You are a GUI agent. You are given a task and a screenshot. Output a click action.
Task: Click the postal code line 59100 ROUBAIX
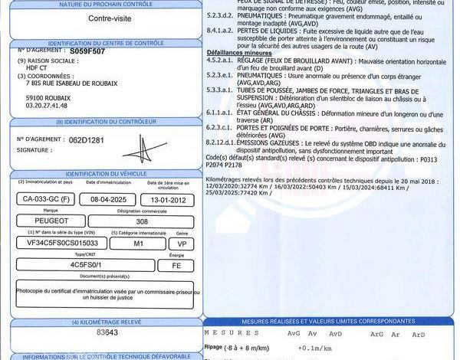(x=50, y=99)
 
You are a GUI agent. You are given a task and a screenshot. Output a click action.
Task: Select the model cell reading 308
(x=142, y=220)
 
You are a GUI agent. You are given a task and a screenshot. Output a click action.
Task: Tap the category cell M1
(x=139, y=242)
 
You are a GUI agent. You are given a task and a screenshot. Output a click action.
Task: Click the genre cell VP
(x=182, y=242)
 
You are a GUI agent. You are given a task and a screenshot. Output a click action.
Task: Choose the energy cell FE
(x=177, y=264)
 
